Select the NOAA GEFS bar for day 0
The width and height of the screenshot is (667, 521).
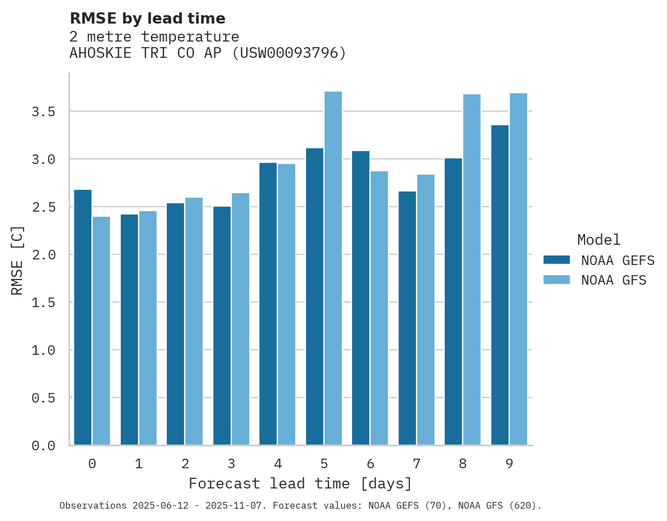pyautogui.click(x=83, y=317)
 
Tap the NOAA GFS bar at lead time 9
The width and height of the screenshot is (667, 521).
pyautogui.click(x=518, y=269)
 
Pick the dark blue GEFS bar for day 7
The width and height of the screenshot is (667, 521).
pyautogui.click(x=407, y=318)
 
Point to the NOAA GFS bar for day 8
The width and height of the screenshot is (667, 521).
pyautogui.click(x=472, y=269)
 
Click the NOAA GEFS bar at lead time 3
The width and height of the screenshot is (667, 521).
pyautogui.click(x=222, y=326)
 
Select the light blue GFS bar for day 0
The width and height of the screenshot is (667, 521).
pyautogui.click(x=101, y=331)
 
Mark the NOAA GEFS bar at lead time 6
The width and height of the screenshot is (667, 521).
pyautogui.click(x=360, y=298)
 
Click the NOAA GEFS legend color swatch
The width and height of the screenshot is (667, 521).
pyautogui.click(x=556, y=260)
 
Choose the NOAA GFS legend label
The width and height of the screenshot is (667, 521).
pyautogui.click(x=614, y=280)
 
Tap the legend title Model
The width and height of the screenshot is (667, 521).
pyautogui.click(x=599, y=240)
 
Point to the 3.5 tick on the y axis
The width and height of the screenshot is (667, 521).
pyautogui.click(x=43, y=112)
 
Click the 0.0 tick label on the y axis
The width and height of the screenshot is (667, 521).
pyautogui.click(x=43, y=446)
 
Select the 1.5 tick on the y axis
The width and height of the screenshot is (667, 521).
pyautogui.click(x=43, y=303)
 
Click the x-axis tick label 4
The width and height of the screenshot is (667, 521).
pyautogui.click(x=278, y=464)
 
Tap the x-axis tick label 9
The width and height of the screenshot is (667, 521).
pyautogui.click(x=509, y=464)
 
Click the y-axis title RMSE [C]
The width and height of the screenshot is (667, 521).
pyautogui.click(x=17, y=260)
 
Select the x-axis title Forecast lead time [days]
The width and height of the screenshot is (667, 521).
pyautogui.click(x=300, y=483)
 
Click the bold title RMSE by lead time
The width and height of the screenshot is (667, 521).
pyautogui.click(x=147, y=19)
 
